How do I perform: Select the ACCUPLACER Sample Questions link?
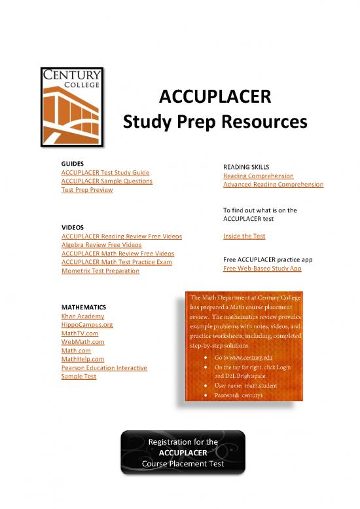point(106,181)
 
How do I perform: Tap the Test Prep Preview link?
point(86,190)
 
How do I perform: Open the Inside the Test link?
point(244,236)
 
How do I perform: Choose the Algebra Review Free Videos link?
point(101,244)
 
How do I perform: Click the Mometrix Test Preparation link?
point(99,271)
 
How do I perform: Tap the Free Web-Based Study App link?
point(262,269)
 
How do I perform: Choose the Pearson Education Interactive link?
point(103,368)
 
